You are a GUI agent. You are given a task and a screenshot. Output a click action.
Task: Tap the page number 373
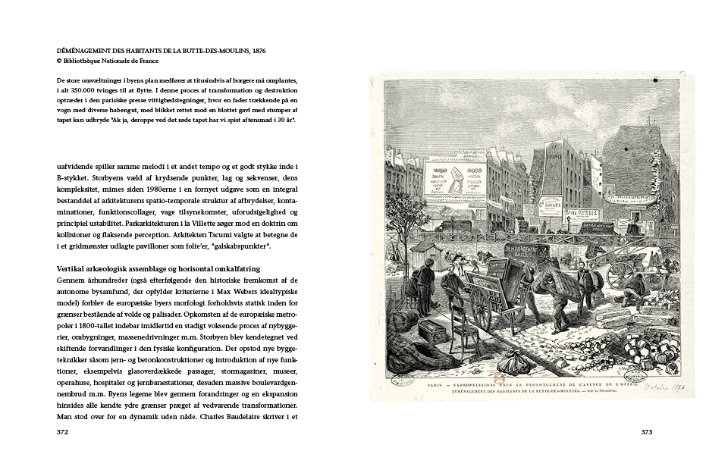[x=646, y=433]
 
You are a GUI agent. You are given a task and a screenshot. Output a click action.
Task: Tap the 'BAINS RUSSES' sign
[x=582, y=215]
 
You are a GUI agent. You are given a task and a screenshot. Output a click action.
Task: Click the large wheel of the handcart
[x=480, y=305]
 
